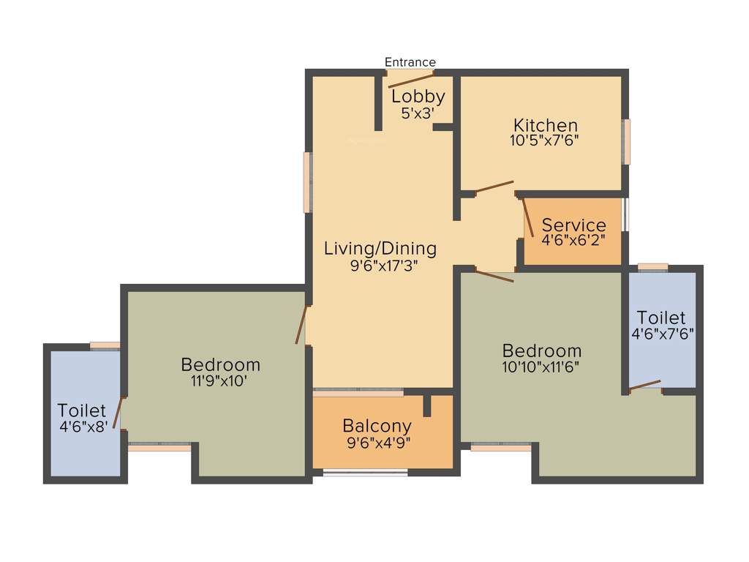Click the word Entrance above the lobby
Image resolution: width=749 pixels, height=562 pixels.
coord(410,62)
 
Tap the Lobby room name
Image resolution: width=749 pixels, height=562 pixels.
coord(418,96)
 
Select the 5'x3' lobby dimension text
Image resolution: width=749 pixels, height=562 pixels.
coord(418,113)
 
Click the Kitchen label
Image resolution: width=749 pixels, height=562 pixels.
coord(545,125)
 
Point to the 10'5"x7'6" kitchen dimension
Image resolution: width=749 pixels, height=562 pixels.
coord(545,140)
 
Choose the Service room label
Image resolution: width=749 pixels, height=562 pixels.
coord(573,225)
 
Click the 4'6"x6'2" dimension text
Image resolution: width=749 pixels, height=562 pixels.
coord(573,239)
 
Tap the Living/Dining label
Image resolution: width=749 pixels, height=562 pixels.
coord(380,248)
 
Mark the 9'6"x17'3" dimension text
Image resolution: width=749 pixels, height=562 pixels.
coord(380,265)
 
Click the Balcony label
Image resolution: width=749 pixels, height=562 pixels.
coord(377,425)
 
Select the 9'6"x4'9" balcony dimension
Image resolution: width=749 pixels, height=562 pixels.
coord(377,441)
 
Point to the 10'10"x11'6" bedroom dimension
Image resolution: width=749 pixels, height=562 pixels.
coord(541,367)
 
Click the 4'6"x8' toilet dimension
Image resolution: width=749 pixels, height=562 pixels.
coord(83,427)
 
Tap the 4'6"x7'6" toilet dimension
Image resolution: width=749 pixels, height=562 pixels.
coord(661,334)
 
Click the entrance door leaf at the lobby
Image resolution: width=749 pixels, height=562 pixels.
coord(411,80)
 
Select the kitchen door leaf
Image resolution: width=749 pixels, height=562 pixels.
coord(494,187)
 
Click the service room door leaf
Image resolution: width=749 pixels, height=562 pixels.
coord(527,217)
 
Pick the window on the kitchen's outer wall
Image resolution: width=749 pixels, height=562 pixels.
coord(626,142)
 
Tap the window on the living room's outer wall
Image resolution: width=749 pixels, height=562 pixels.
coord(309,181)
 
